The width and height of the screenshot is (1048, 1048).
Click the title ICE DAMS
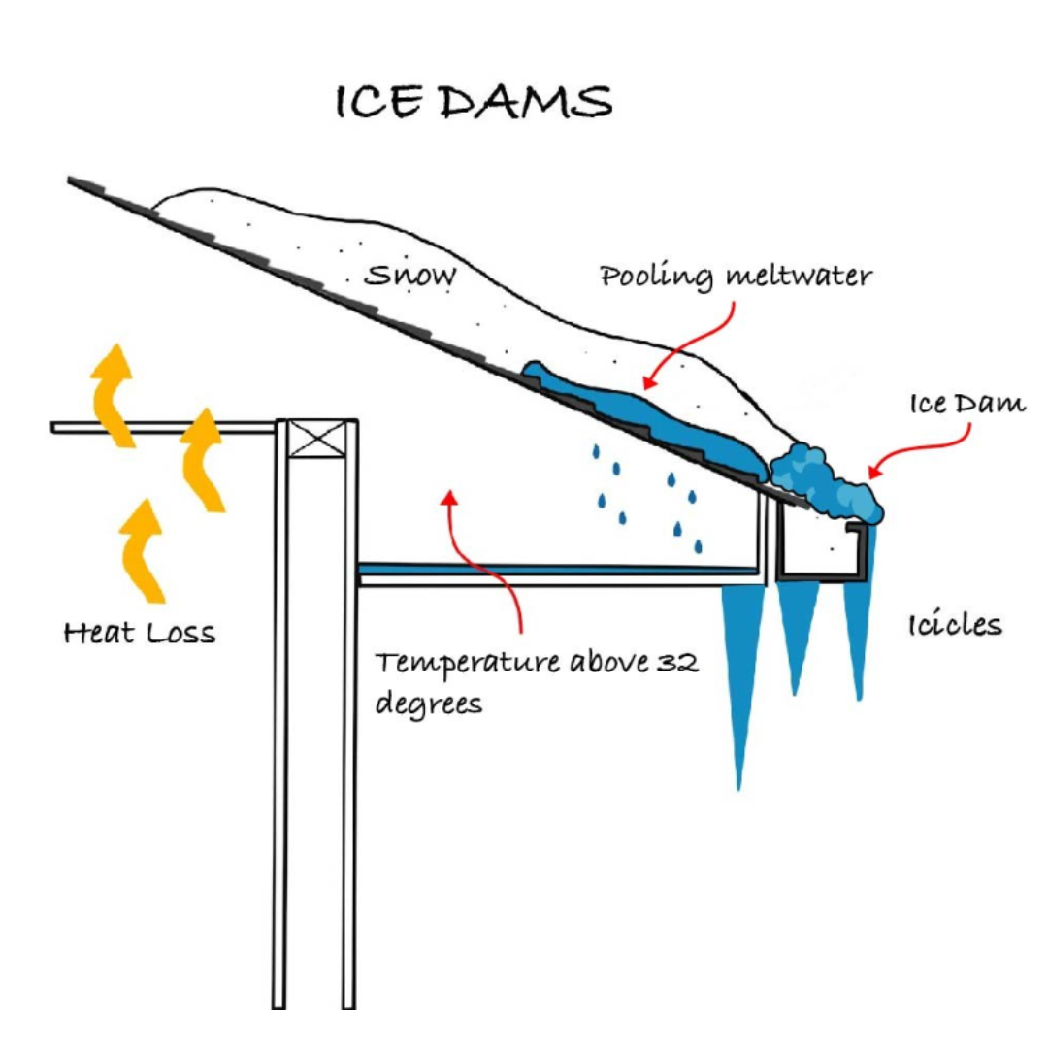474,103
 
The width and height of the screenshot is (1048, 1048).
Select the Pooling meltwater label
736,277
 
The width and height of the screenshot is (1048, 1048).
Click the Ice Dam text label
966,404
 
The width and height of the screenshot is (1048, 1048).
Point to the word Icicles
955,624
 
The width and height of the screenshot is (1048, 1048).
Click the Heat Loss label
140,635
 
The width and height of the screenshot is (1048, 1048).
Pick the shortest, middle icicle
797,631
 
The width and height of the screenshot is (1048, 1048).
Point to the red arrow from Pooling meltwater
693,340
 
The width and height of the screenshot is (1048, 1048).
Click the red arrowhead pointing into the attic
448,498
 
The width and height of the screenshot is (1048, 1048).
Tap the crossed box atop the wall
316,440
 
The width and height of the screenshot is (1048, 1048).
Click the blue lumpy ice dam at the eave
825,481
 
